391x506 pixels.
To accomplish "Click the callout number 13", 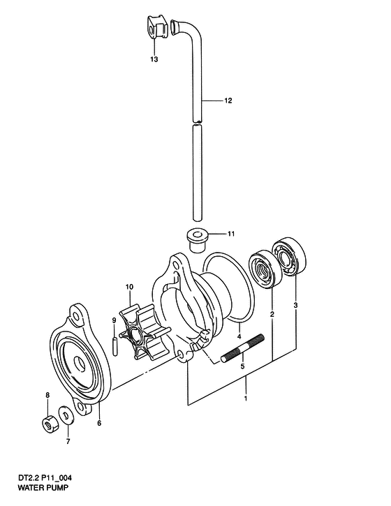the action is pyautogui.click(x=154, y=59).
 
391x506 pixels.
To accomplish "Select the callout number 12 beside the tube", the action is pyautogui.click(x=228, y=101).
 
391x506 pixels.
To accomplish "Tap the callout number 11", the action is pyautogui.click(x=231, y=234).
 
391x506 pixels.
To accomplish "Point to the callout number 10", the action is pyautogui.click(x=129, y=287).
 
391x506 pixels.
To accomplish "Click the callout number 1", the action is pyautogui.click(x=246, y=399).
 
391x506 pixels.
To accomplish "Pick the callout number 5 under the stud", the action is pyautogui.click(x=242, y=366).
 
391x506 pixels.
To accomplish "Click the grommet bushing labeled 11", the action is pyautogui.click(x=197, y=240).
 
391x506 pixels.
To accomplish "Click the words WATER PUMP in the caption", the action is pyautogui.click(x=43, y=487).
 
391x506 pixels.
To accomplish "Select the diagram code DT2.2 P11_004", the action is pyautogui.click(x=45, y=478).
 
